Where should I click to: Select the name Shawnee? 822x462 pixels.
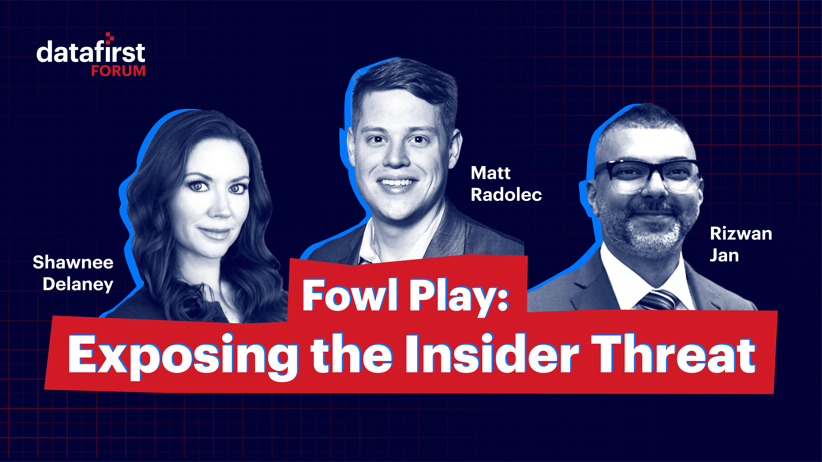coord(73,262)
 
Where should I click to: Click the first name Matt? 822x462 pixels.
coord(490,173)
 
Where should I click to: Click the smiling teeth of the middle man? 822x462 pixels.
coord(397,183)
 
